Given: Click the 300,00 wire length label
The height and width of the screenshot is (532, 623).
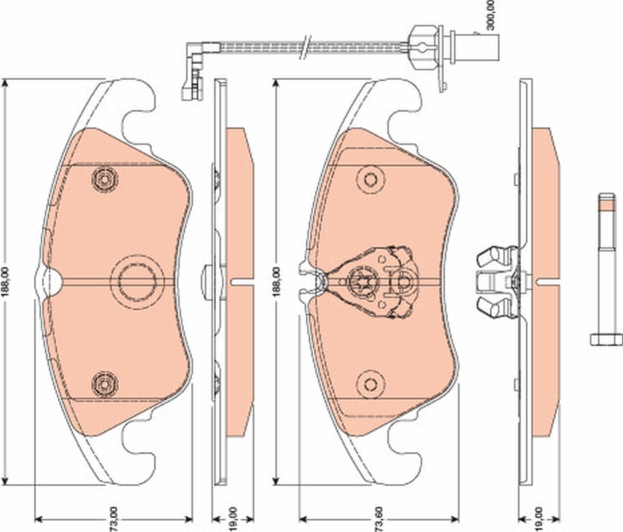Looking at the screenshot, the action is [491, 15].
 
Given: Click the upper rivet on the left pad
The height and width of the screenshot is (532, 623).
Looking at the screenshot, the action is [104, 180].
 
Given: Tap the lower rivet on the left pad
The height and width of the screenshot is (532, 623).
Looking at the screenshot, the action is [104, 384].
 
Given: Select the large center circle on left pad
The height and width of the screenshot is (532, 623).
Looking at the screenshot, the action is [136, 281].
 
